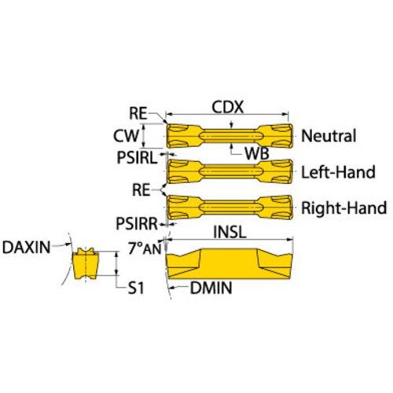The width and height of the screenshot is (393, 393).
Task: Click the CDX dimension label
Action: (227, 107)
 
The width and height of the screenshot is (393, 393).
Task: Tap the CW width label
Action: (126, 136)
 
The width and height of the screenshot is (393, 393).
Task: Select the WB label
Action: (257, 153)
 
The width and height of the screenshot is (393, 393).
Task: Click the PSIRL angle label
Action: (137, 158)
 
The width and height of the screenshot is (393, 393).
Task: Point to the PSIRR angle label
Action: (137, 224)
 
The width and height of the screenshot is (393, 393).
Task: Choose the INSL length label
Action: (230, 232)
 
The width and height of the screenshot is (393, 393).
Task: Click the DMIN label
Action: (211, 288)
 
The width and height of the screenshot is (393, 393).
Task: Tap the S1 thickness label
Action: (136, 288)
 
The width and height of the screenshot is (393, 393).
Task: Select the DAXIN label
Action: (26, 248)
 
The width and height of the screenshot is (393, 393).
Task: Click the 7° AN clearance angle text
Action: (145, 248)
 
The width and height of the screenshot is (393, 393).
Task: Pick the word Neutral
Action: (329, 136)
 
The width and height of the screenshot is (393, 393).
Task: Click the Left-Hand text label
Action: (338, 172)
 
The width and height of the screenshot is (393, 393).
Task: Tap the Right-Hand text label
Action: (344, 208)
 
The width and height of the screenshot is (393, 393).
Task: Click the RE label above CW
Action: (138, 113)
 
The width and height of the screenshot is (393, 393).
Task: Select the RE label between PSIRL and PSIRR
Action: (141, 190)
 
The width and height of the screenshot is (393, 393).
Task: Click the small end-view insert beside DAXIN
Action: (86, 263)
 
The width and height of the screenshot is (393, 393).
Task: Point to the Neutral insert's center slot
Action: (231, 136)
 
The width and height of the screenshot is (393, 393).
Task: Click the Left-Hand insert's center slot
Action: (231, 171)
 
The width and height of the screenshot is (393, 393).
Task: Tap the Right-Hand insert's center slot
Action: (231, 208)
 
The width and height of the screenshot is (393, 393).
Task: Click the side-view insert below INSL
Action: (230, 264)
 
